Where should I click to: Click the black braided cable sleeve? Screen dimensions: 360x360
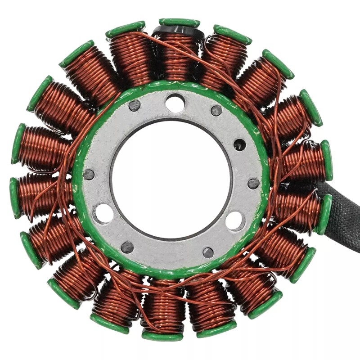pos(345,216)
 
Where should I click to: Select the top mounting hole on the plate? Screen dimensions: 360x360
pos(175,103)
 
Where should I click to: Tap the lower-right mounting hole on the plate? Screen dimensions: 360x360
pos(235,220)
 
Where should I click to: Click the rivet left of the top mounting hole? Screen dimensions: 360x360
pos(135,106)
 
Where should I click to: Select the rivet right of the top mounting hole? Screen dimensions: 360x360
pos(216,110)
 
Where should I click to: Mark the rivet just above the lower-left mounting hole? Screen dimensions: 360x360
pos(89,175)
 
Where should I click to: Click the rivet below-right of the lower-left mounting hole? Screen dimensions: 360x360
pos(127,247)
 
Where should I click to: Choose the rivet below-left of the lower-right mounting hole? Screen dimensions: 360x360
pos(208,252)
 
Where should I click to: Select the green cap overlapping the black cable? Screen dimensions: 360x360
pos(324,214)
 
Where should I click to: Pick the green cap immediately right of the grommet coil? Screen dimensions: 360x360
pos(232,34)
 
